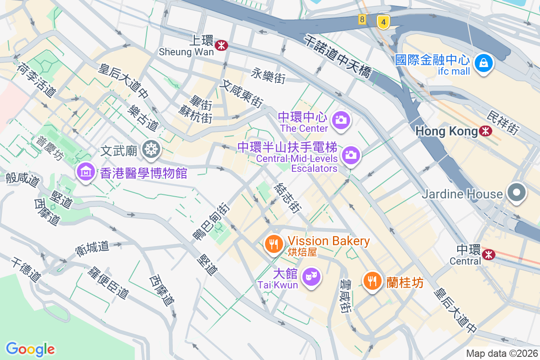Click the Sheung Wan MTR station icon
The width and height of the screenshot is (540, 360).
[x=221, y=45]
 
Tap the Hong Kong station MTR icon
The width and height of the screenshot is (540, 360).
[x=486, y=131]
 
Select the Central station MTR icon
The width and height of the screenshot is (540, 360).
[x=488, y=255]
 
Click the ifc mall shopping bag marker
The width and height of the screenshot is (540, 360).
[x=483, y=63]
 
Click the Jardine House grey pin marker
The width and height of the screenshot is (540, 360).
[x=516, y=193]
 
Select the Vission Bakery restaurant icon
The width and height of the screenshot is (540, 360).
[x=273, y=244]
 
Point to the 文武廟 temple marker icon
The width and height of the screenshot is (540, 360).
[x=151, y=149]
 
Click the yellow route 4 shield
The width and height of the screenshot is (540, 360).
[x=383, y=22]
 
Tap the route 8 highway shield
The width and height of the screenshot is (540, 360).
[x=362, y=19]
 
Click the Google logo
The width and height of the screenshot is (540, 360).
[x=30, y=349]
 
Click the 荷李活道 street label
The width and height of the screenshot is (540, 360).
[x=36, y=80]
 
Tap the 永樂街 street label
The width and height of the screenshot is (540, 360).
[x=268, y=75]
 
